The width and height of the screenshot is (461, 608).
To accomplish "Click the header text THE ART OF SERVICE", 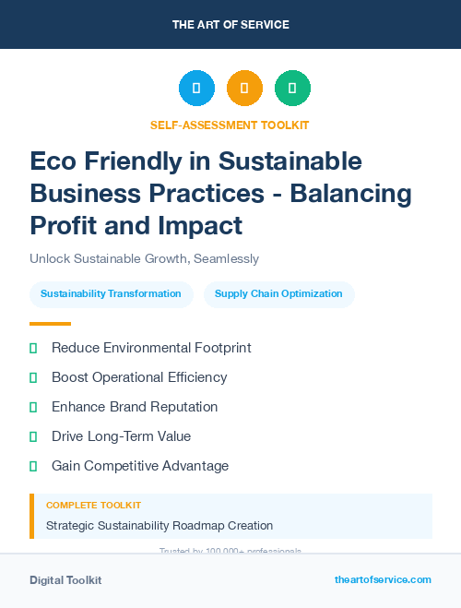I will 230,25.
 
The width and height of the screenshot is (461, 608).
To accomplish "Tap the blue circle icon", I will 196,89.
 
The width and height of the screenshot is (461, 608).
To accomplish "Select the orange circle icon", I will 244,89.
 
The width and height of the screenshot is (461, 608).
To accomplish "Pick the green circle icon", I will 292,89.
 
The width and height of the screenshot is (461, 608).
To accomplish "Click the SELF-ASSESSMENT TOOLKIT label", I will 230,125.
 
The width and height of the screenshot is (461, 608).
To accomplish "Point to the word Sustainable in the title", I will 290,161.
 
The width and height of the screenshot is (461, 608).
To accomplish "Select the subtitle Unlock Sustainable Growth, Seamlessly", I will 144,259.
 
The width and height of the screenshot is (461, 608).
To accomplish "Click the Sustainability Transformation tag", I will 111,294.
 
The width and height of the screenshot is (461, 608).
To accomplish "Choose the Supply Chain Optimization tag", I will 278,294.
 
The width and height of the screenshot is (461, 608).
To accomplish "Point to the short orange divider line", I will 50,324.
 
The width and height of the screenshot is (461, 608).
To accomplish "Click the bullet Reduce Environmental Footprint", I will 151,348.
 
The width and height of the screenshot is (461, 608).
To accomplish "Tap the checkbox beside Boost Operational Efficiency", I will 33,377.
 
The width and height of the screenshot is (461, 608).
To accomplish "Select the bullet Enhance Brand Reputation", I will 135,407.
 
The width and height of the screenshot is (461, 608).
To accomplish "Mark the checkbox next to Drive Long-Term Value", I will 33,436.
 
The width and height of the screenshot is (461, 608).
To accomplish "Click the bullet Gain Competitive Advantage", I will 140,466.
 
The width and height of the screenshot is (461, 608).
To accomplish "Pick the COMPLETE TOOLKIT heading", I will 94,506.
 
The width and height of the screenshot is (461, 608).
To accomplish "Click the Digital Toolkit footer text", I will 65,580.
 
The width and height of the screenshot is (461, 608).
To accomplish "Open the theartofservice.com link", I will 383,579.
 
